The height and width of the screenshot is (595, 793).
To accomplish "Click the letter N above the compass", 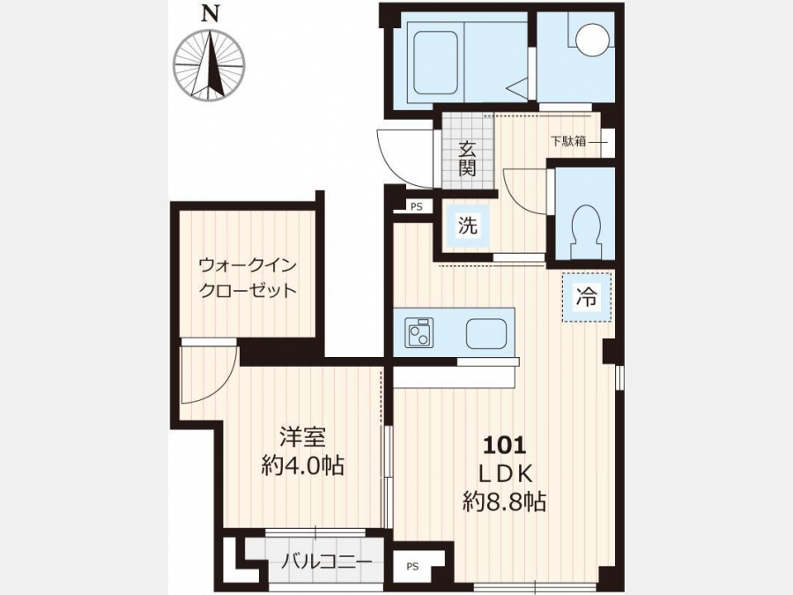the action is tap(211, 13).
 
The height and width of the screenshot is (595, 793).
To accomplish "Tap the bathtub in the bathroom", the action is tap(436, 63).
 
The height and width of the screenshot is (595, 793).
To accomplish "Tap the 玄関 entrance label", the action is tap(467, 158).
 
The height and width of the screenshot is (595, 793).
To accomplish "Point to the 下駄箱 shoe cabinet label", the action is tap(567, 141).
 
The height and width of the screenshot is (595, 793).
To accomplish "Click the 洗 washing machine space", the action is tap(467, 226).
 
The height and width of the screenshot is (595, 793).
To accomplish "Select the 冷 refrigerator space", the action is tap(587, 296).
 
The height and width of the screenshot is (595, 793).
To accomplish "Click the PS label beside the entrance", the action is tap(416, 206).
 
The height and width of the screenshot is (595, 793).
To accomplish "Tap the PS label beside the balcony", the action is tap(412, 566).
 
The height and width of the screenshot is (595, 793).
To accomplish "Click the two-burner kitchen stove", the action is tap(419, 333).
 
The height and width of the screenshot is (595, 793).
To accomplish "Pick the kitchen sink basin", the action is tap(486, 334).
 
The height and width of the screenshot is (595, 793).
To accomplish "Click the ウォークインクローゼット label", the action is tap(248, 278).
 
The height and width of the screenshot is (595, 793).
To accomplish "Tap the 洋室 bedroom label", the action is tap(303, 437).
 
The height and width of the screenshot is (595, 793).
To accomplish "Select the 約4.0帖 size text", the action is tap(302, 465).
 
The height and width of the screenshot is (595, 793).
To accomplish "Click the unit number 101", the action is tap(505, 445).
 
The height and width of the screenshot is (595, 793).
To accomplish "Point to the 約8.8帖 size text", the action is tap(505, 502).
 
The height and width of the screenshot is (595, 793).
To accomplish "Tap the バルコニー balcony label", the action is tap(327, 562).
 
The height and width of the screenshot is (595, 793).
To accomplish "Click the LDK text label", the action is tap(505, 474).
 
